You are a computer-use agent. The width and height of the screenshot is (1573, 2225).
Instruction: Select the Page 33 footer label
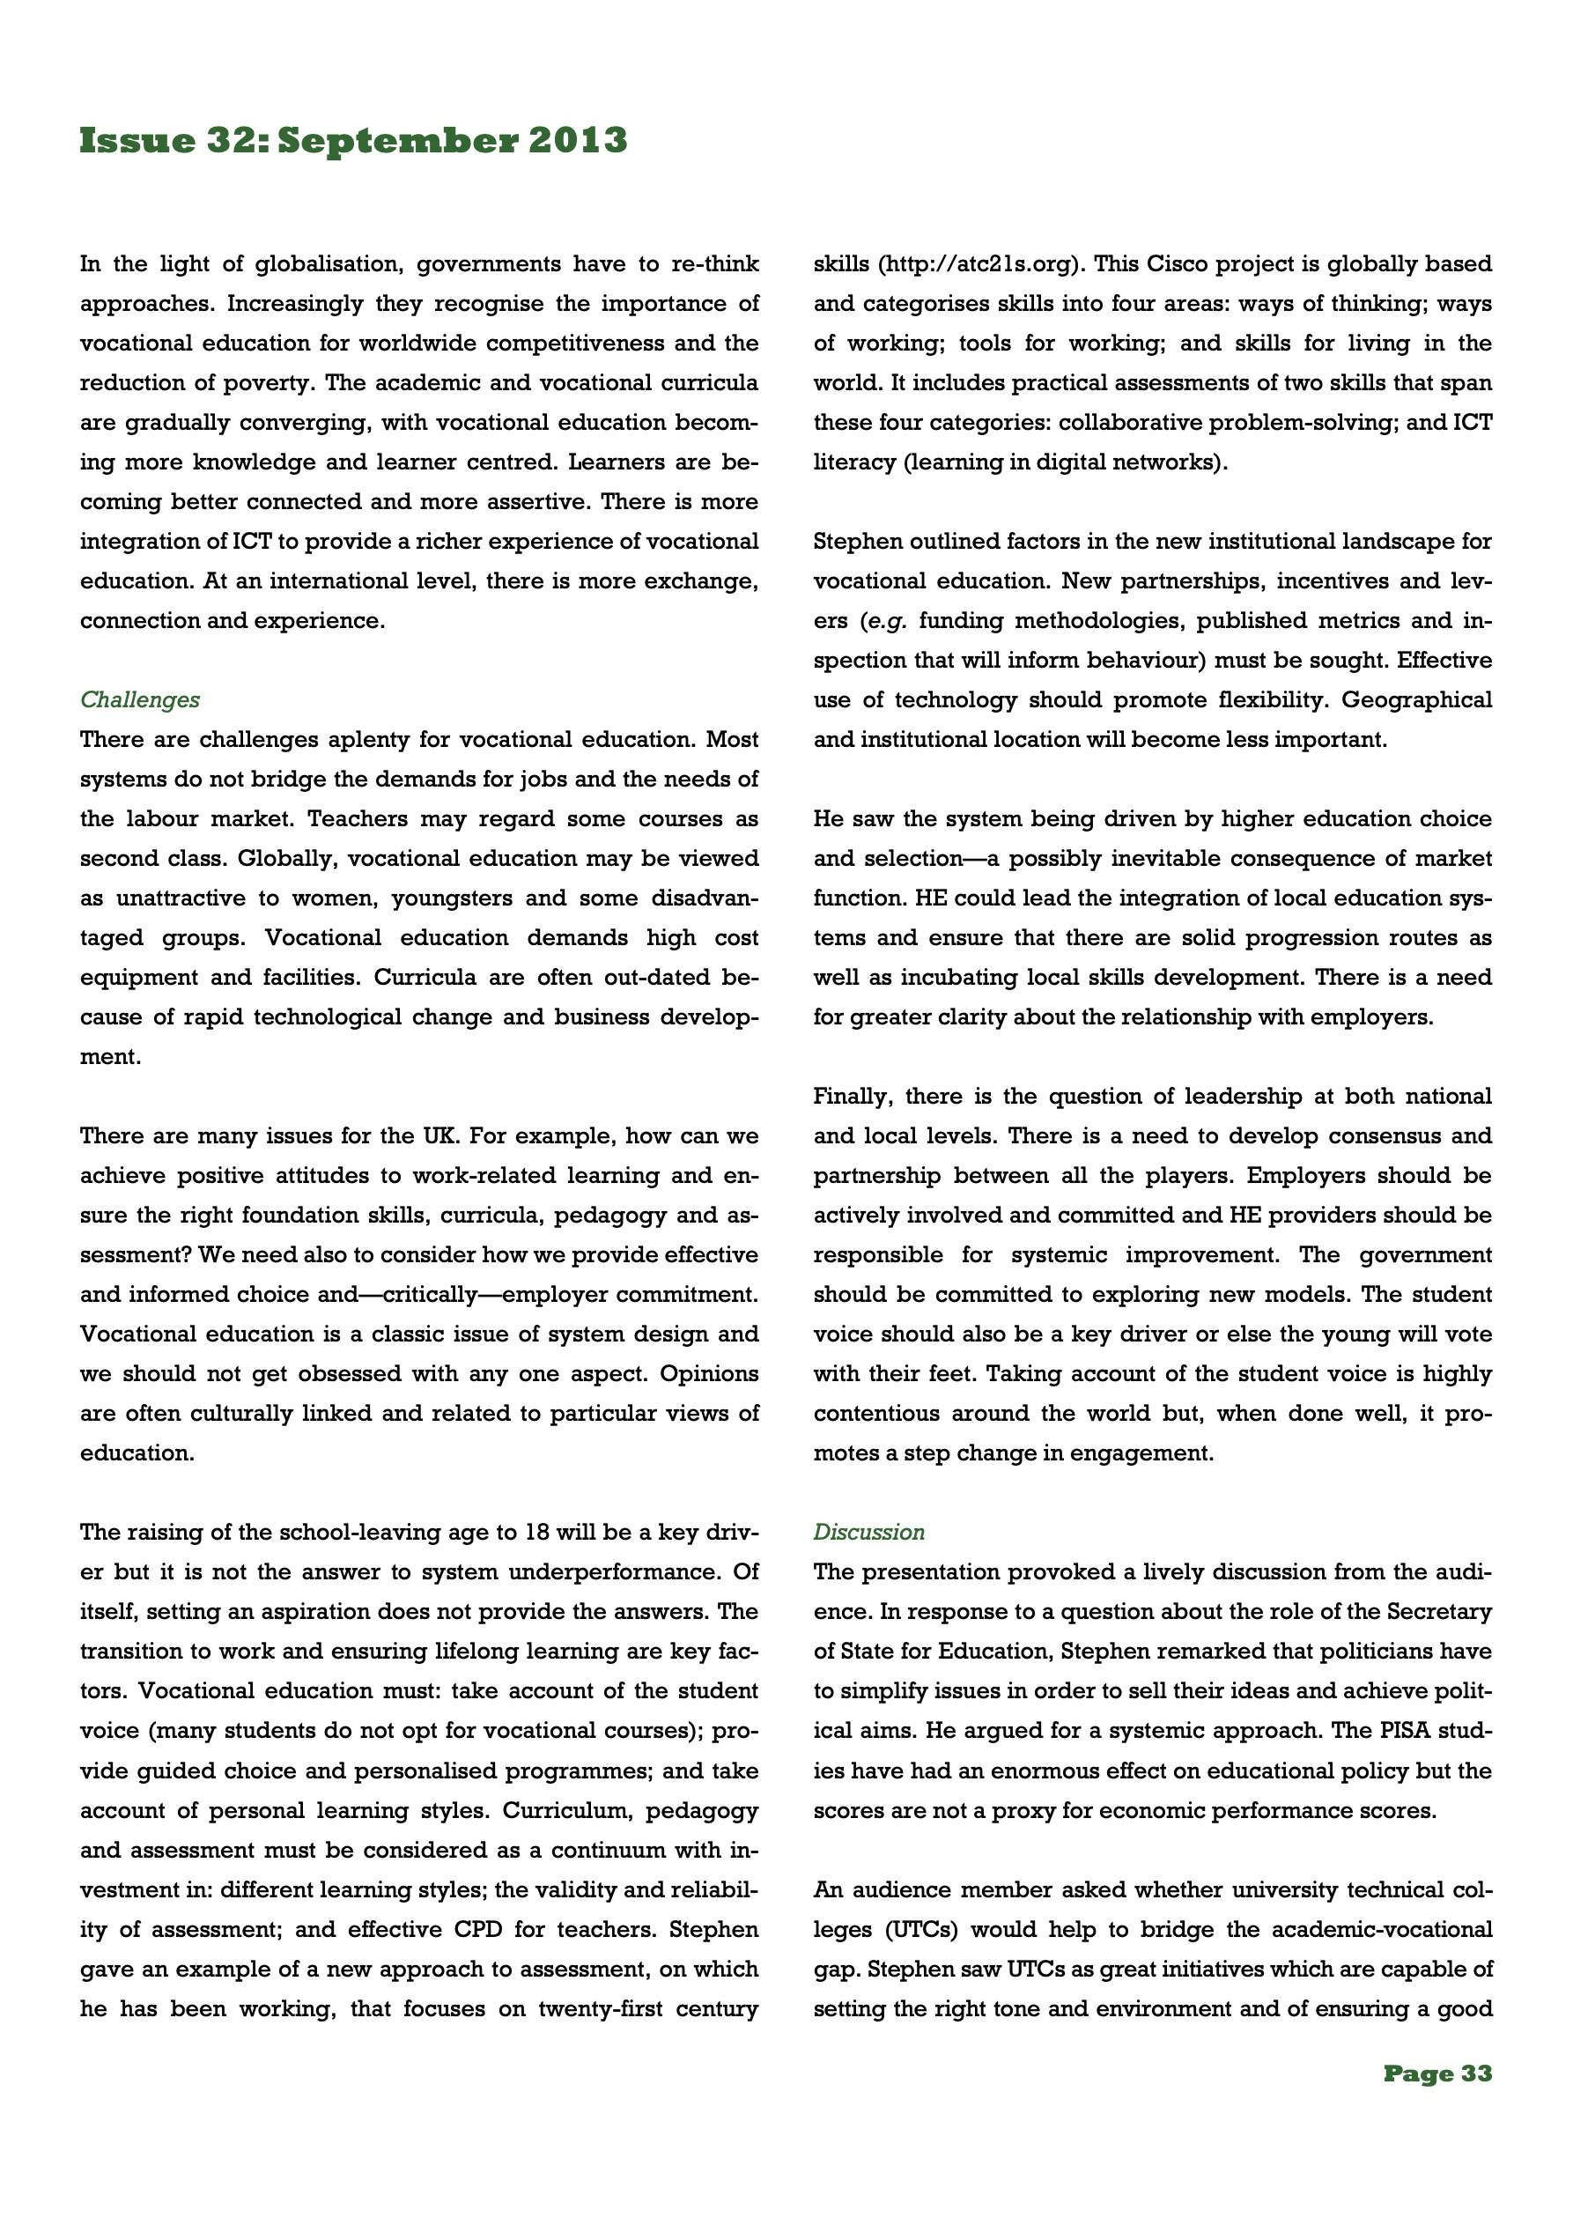pyautogui.click(x=1437, y=2073)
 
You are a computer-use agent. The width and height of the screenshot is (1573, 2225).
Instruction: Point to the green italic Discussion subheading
pyautogui.click(x=868, y=1532)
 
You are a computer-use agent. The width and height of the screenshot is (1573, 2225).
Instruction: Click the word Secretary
pyautogui.click(x=1438, y=1612)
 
